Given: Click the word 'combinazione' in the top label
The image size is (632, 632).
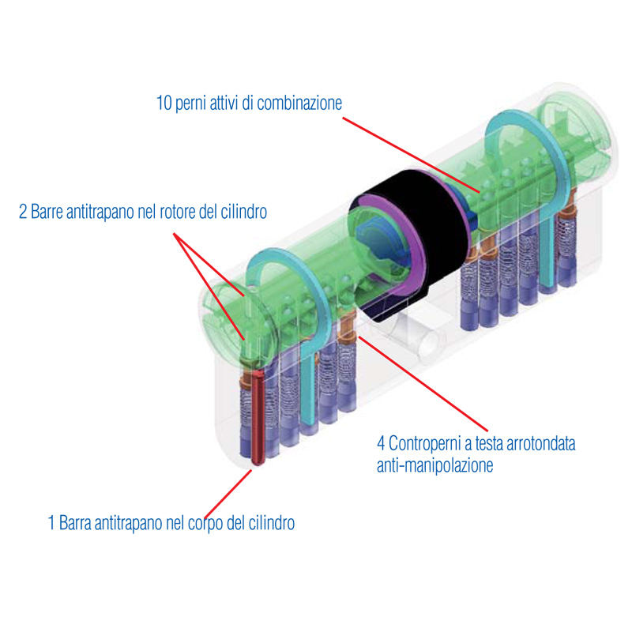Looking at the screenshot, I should click(x=302, y=103).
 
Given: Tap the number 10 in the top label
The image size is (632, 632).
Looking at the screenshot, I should click(x=164, y=103).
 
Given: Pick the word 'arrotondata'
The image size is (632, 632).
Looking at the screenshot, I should click(x=536, y=443).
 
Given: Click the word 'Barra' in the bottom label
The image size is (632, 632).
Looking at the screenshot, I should click(x=76, y=523).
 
